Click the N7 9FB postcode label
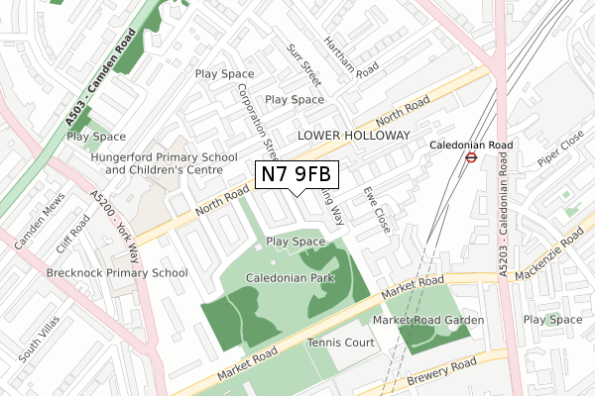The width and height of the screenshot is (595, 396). point(297,175)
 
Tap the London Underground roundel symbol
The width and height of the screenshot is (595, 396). point(473,155)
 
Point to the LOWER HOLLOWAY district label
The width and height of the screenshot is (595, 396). point(353,135)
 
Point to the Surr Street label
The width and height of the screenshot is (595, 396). point(302,64)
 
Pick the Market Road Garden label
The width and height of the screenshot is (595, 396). point(428,320)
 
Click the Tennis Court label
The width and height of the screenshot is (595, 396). point(341,343)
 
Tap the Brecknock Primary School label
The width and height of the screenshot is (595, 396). point(117,272)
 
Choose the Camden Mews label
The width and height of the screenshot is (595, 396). point(38,224)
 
